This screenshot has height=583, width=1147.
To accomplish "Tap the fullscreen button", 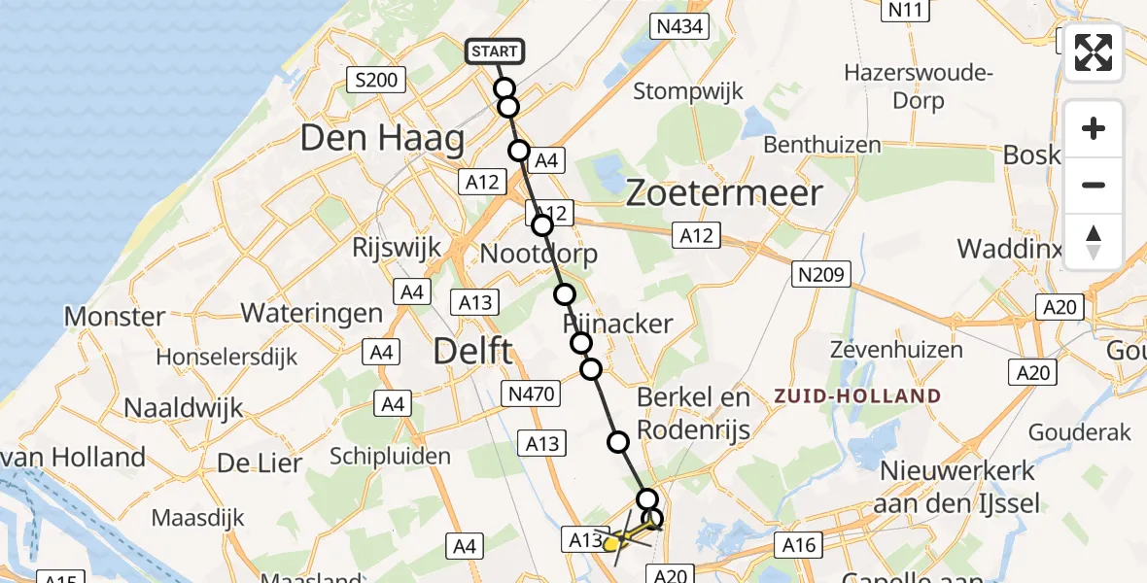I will (x=1094, y=52).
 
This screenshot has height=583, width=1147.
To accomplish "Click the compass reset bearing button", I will (x=1094, y=242).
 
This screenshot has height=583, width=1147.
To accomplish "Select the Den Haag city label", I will (x=382, y=139).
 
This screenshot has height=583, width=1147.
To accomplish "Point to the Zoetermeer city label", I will (x=723, y=193).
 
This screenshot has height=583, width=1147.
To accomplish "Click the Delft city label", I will (x=472, y=351).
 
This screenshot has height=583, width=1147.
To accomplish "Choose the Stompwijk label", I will (x=688, y=91).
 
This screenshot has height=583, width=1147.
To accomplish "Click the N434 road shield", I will (x=679, y=26).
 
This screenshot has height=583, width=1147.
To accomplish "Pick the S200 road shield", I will (x=376, y=80).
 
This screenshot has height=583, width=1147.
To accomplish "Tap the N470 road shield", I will (x=530, y=394).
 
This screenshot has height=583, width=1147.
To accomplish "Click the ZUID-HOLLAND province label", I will (x=857, y=396).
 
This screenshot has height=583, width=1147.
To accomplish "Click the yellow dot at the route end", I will (x=610, y=544).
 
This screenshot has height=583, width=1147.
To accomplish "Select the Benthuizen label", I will (x=822, y=145).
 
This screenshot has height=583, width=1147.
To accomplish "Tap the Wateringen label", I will (x=312, y=313).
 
